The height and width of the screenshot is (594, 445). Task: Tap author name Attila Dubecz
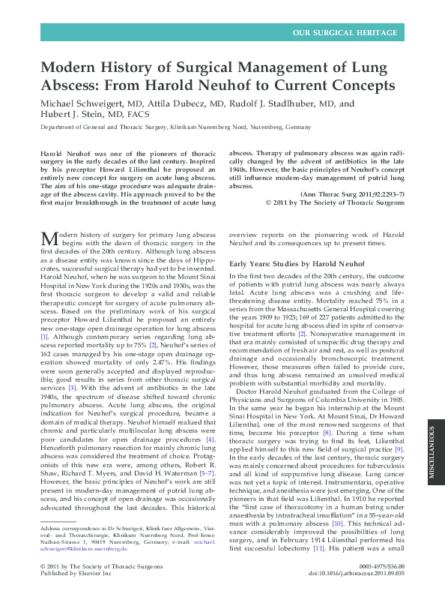click(196, 103)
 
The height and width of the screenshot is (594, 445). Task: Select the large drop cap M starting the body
click(49, 238)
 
